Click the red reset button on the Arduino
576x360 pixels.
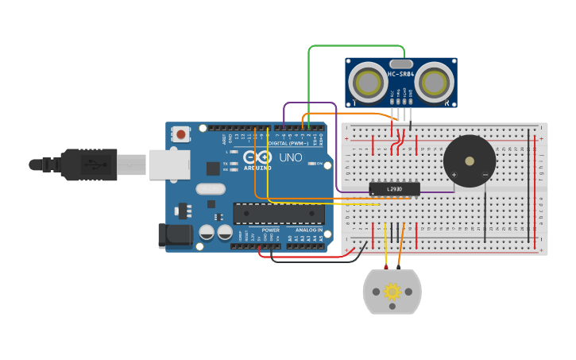[181, 134]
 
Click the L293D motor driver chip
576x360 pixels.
[394, 188]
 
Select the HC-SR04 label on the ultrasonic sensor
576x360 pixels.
[401, 75]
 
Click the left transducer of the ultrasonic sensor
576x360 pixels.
[368, 82]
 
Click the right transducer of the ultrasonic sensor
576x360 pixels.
[434, 82]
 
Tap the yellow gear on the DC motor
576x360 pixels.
[392, 292]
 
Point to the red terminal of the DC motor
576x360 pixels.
[386, 268]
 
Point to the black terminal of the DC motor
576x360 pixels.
[399, 268]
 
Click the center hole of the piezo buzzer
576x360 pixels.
[470, 161]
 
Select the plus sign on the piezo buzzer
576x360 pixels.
[454, 174]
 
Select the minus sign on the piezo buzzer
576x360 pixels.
[485, 174]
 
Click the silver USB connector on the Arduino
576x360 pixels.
[169, 165]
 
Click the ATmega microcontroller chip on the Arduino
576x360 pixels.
[278, 213]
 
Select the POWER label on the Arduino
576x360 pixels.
[270, 230]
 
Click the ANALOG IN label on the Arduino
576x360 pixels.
[309, 230]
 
